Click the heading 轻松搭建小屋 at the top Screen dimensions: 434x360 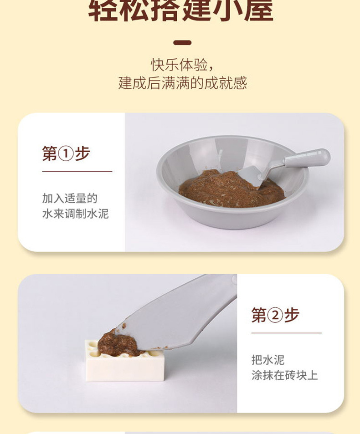coord(180,10)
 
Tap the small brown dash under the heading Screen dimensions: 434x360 coord(182,43)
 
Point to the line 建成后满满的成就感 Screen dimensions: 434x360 coord(182,83)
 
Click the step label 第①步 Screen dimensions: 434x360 coord(66,153)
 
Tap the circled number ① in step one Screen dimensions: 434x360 coord(66,154)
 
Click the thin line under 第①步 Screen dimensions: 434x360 coord(77,172)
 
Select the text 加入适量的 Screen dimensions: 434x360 coord(70,198)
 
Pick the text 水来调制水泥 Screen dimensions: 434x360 coord(75,214)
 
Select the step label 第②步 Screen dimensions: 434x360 coord(275,315)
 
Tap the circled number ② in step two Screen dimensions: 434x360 coord(275,315)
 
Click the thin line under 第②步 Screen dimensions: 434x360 coord(286,333)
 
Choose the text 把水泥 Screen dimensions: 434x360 coord(267,360)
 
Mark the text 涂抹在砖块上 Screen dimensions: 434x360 coord(284,375)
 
